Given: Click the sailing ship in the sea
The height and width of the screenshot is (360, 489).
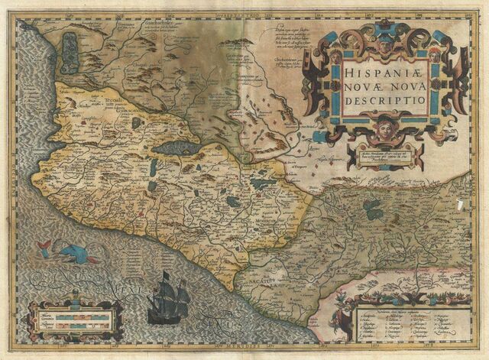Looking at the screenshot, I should [x=169, y=296].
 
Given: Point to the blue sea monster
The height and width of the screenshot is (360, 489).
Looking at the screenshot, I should [x=71, y=253].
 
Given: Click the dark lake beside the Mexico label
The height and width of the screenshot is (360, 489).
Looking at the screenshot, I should [x=374, y=208].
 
